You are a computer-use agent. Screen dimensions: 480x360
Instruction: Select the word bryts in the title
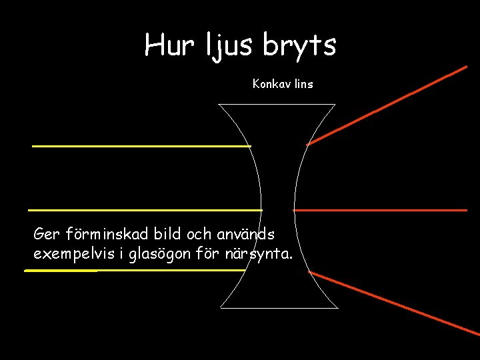299,45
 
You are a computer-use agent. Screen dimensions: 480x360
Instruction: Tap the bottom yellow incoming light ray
133,271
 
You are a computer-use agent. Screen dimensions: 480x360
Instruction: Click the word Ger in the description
47,235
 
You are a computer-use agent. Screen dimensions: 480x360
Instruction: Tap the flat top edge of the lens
277,104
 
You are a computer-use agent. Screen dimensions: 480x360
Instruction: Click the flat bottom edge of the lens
279,308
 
